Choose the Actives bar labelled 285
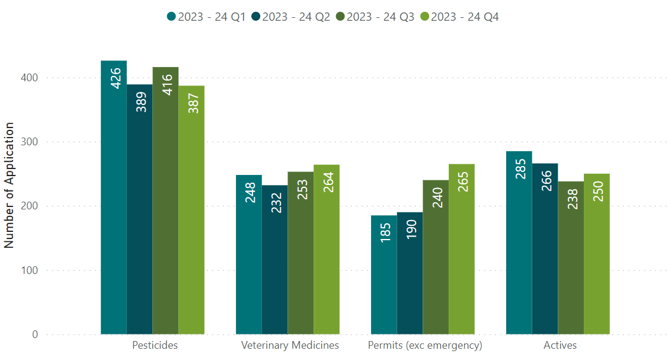tap(519, 243)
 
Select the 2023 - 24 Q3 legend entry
tap(375, 17)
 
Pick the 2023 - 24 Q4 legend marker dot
tap(424, 17)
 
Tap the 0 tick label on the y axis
tap(35, 334)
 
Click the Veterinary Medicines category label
tap(290, 345)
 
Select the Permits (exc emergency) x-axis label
tap(425, 345)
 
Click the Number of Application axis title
tap(9, 186)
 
